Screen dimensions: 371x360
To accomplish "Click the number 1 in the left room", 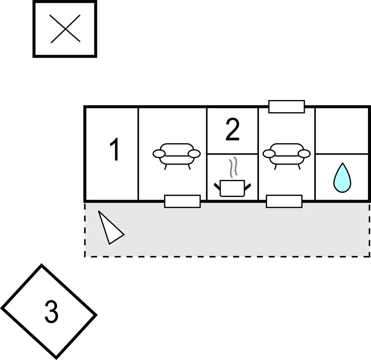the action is pos(115,149).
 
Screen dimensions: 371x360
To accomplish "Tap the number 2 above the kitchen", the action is pos(232,129).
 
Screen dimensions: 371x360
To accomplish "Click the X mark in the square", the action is pos(65,29).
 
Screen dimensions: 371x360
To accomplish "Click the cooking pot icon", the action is pos(232,188).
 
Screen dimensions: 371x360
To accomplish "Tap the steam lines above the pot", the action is pos(233,167).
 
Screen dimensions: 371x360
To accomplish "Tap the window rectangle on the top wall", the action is pos(286,107).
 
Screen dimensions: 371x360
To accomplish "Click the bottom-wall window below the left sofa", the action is pos(182,201).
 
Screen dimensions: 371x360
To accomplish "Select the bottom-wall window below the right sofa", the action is pos(284,201).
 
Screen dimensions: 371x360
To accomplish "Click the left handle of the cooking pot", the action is pos(217,187).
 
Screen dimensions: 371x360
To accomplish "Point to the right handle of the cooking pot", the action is pos(248,187).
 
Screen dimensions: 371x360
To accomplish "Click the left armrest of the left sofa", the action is pos(159,154).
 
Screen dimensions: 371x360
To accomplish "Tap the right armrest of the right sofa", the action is pos(304,154).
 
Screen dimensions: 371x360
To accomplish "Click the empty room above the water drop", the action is pos(342,131).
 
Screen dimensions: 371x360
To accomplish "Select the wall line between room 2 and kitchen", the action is pos(232,154).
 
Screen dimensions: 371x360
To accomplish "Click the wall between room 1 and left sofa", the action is pos(138,154).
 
